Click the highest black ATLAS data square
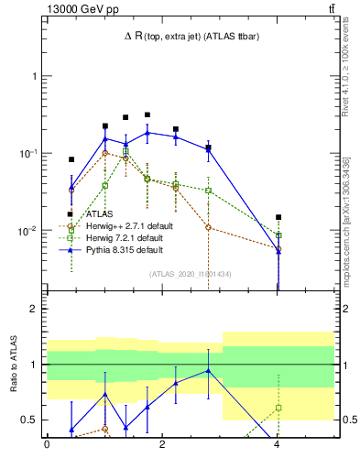coord(147,115)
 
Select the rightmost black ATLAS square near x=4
coord(278,217)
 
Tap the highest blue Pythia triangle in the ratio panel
coord(210,371)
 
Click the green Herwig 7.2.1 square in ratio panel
coord(278,408)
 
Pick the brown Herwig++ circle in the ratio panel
coord(105,429)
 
